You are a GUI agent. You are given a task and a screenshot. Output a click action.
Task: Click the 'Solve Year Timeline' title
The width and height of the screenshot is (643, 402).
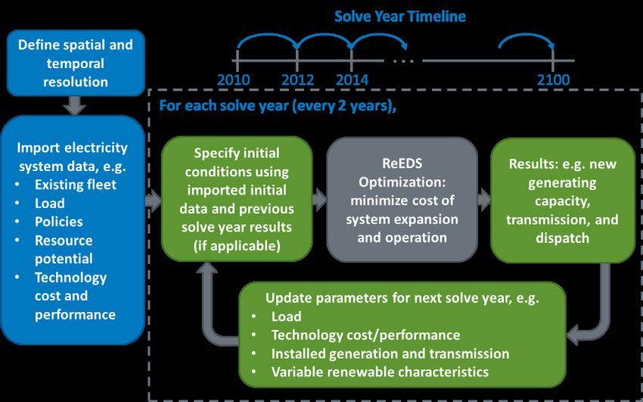[400, 17]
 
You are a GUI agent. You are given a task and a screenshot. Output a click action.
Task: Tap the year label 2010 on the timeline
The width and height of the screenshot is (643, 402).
[233, 79]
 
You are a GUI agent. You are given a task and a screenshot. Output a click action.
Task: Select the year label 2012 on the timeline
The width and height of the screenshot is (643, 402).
[298, 79]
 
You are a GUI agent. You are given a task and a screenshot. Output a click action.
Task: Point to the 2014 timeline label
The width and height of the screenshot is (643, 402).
[352, 79]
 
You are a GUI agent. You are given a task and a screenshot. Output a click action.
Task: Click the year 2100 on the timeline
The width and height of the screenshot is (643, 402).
[553, 79]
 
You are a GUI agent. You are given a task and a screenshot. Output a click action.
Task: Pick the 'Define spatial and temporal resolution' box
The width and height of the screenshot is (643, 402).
[76, 63]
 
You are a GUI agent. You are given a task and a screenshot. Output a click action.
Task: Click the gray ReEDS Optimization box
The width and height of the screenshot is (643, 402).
[402, 200]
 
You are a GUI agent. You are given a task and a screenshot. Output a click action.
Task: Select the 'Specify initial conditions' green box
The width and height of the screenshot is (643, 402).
[237, 199]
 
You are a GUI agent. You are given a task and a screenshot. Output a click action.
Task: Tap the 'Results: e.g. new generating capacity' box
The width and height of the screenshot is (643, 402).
[563, 201]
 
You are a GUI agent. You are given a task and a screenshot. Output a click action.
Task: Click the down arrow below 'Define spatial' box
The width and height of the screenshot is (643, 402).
[75, 105]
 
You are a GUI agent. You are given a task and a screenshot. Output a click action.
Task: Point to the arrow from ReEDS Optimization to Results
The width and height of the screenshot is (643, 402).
[484, 200]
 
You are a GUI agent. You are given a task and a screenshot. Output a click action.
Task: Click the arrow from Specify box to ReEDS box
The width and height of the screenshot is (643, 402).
[319, 200]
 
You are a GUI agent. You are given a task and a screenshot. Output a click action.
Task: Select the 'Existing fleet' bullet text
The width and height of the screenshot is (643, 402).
[76, 185]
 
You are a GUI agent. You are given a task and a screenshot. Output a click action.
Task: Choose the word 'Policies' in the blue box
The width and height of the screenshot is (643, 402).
[59, 222]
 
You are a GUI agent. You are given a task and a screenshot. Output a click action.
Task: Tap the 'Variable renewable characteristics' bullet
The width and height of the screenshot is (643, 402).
[380, 372]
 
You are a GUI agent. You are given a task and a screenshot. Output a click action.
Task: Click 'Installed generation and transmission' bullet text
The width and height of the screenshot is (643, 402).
[390, 354]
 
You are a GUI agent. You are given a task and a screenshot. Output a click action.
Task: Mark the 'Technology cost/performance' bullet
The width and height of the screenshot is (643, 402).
[365, 335]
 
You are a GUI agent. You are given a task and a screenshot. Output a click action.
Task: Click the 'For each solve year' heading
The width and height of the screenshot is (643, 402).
[278, 106]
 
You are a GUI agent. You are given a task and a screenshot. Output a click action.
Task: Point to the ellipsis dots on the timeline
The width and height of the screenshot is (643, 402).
[403, 61]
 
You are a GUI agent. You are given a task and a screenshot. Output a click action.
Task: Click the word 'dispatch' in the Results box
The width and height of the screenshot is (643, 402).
[562, 238]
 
